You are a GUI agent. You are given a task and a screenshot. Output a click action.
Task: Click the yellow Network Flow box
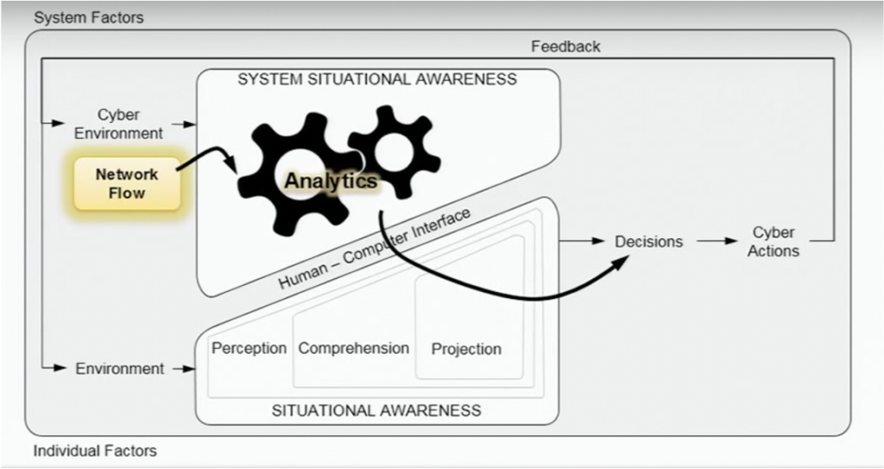point(127,183)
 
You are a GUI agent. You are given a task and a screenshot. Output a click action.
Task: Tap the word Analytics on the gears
point(331,181)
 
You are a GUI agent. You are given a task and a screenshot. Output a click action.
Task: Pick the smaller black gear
point(395,149)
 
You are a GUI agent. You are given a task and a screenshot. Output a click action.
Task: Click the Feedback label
point(565,46)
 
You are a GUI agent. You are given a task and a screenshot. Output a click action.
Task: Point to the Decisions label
point(648,242)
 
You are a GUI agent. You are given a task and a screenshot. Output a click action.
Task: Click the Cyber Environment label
point(118,124)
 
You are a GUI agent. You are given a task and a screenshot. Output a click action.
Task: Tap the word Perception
point(249,348)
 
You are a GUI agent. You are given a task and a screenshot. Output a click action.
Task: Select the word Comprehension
point(353,348)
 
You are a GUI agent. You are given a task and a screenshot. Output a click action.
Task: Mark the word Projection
point(466,349)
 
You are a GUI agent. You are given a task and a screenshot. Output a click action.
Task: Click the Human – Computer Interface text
point(375,250)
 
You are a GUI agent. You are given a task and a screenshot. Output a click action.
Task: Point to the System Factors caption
point(89,17)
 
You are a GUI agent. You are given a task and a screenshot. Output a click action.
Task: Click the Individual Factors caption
point(95,451)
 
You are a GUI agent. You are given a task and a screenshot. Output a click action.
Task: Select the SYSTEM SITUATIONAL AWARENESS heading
point(377,79)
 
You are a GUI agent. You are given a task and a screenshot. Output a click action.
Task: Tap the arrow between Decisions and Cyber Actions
point(717,242)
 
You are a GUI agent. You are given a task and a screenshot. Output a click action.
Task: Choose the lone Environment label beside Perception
point(119,369)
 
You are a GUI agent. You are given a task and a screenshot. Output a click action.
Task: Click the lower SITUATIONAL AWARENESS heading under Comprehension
point(376,410)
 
